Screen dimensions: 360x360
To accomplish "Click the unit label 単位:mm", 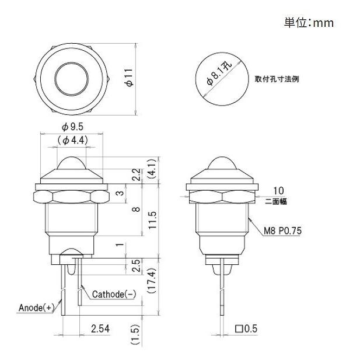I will click(309, 23).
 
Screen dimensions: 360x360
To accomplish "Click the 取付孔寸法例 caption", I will click(277, 79).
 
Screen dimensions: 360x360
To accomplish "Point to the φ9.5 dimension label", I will click(73, 127).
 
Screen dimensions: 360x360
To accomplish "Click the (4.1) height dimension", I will click(152, 169).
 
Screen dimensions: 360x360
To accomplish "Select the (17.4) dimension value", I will click(152, 282).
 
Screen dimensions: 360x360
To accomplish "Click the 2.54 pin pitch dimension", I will click(100, 329).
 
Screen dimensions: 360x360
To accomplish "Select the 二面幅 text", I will click(275, 202).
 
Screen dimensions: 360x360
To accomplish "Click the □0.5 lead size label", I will click(246, 329).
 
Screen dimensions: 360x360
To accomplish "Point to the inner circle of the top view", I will click(73, 78).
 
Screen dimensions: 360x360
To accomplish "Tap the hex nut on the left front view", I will click(72, 194).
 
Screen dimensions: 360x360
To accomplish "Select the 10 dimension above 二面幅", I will click(278, 191).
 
